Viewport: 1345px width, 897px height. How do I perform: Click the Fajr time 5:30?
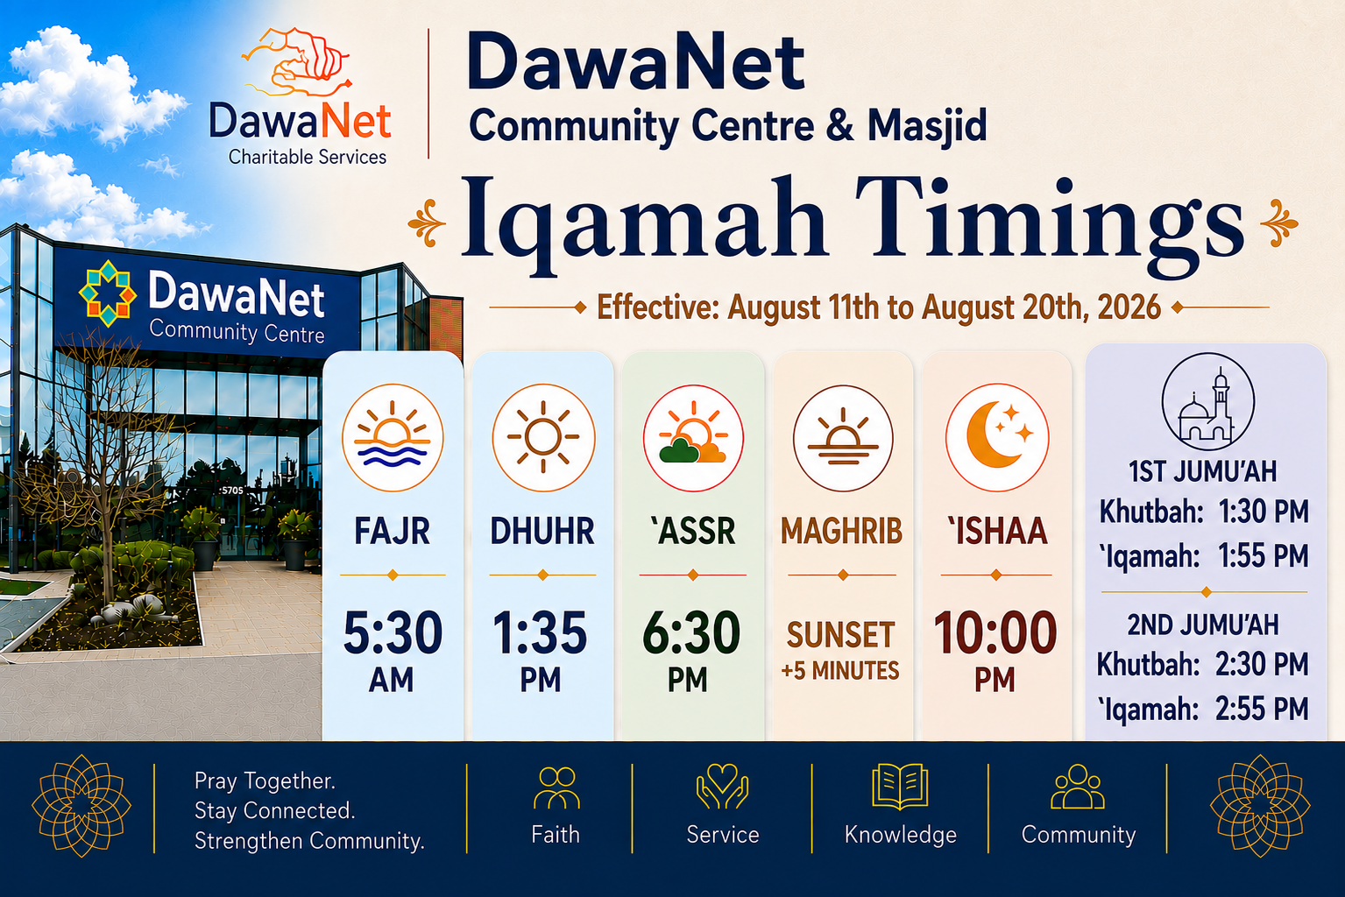(393, 632)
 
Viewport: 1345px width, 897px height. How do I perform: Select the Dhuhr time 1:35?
(541, 632)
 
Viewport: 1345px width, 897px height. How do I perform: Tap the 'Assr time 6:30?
(691, 632)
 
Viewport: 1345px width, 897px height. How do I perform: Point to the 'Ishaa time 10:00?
(995, 632)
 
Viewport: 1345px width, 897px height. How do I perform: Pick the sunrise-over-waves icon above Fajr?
(393, 437)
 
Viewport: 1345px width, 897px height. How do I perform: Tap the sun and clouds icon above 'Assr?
(693, 438)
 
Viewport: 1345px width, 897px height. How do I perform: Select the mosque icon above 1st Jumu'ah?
(1207, 402)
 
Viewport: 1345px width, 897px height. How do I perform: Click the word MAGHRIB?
(841, 531)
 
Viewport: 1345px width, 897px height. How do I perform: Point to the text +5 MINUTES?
(840, 670)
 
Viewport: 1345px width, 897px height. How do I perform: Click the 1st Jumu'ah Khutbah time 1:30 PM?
(1264, 512)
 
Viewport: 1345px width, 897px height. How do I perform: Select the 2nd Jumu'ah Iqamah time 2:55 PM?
(1262, 709)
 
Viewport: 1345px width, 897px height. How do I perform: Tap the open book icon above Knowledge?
(900, 787)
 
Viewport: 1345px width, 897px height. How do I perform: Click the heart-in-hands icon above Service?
(722, 786)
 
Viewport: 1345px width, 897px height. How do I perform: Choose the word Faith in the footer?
(556, 835)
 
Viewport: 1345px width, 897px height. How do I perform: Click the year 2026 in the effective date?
(1129, 307)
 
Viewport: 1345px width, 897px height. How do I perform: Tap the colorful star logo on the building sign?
(108, 293)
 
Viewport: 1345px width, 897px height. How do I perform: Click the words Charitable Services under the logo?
(308, 158)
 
